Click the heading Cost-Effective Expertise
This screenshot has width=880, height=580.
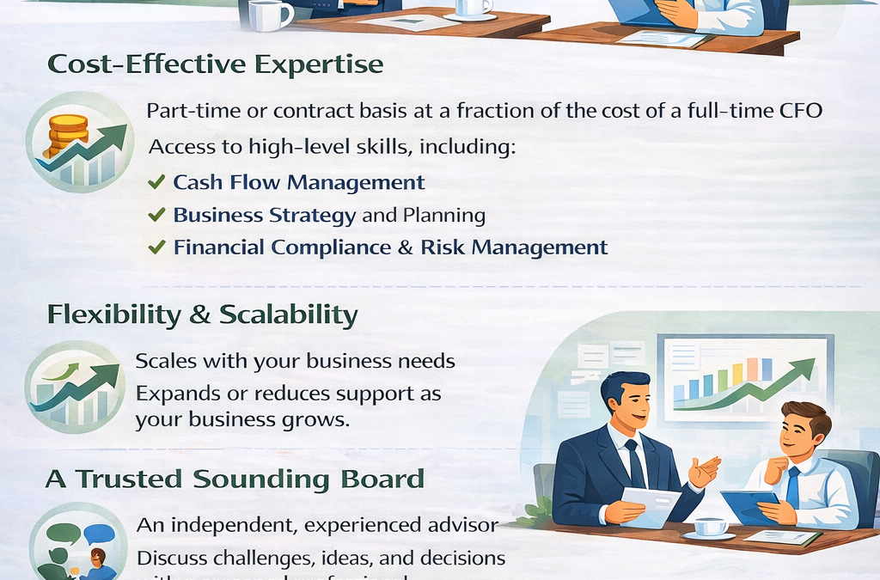215,65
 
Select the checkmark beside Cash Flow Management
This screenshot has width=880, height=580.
156,182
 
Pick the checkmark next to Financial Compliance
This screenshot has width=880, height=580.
156,247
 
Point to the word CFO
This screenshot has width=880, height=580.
800,112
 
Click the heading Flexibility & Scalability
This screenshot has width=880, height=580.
202,314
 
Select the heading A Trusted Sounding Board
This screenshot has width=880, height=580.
235,479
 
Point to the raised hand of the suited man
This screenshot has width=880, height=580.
704,471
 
